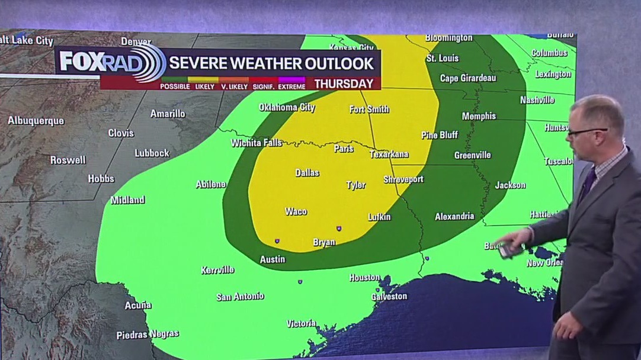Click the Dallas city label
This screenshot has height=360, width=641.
point(307,173)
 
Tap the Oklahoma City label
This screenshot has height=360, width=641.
point(287,108)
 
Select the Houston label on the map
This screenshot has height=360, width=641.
point(364,277)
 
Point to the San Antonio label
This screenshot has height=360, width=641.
point(240,297)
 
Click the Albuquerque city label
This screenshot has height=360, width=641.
point(36,121)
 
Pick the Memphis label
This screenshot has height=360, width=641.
point(479,116)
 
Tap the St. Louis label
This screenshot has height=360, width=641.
point(443,59)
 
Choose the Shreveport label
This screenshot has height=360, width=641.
point(403,179)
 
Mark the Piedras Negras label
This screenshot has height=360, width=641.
point(148,335)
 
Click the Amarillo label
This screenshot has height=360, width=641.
point(168,114)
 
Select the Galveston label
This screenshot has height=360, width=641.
point(389,296)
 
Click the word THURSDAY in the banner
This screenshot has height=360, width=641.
point(344,83)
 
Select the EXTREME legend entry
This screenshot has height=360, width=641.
point(290,86)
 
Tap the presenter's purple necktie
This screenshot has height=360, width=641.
point(588,184)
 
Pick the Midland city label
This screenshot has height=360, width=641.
point(128,200)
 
